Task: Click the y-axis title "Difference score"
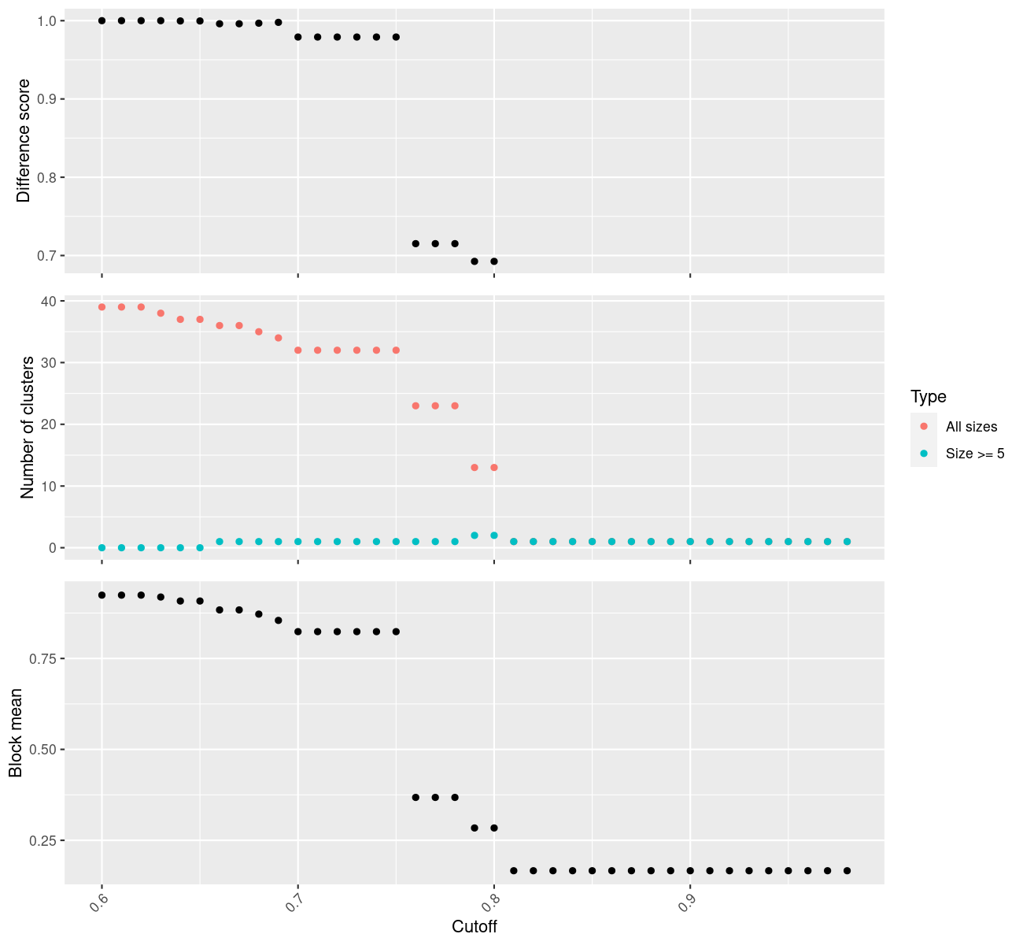(x=24, y=140)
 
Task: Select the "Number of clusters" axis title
(x=28, y=427)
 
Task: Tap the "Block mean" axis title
(x=16, y=733)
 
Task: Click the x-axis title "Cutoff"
(x=475, y=926)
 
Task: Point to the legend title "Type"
(x=928, y=397)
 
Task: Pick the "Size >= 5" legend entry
(x=975, y=454)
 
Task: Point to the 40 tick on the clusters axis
(x=48, y=302)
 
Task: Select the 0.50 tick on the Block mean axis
(x=46, y=749)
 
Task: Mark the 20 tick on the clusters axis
(x=48, y=424)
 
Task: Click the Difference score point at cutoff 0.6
(x=102, y=20)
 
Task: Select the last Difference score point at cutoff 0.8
(x=494, y=261)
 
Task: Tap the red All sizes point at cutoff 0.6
(x=102, y=307)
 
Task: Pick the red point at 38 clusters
(x=161, y=313)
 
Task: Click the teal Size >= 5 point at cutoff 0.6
(x=102, y=547)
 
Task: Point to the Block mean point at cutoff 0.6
(x=102, y=595)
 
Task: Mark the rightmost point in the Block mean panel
(x=848, y=870)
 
